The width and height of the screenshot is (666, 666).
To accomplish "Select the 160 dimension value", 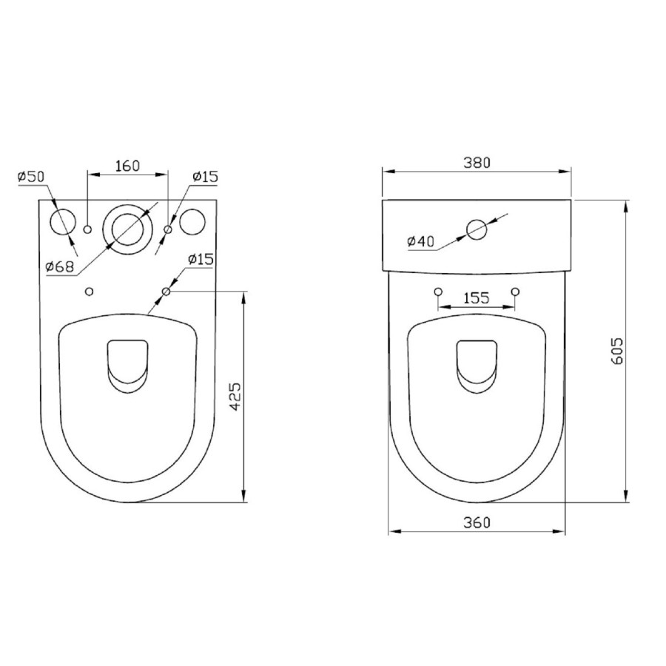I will click(x=127, y=166).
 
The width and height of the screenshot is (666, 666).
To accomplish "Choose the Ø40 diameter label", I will click(x=421, y=241).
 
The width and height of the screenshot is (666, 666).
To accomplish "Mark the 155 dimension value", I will click(x=476, y=298).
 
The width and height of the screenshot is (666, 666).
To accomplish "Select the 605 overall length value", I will click(x=618, y=350).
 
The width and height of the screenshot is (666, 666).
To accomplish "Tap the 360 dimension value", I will click(x=477, y=522).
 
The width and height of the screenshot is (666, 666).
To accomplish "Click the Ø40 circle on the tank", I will click(x=478, y=229).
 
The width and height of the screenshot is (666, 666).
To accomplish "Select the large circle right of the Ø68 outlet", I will click(x=192, y=222).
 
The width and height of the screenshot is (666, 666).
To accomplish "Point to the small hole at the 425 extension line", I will click(x=166, y=292).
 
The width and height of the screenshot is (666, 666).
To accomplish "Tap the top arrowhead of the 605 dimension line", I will click(x=626, y=204).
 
